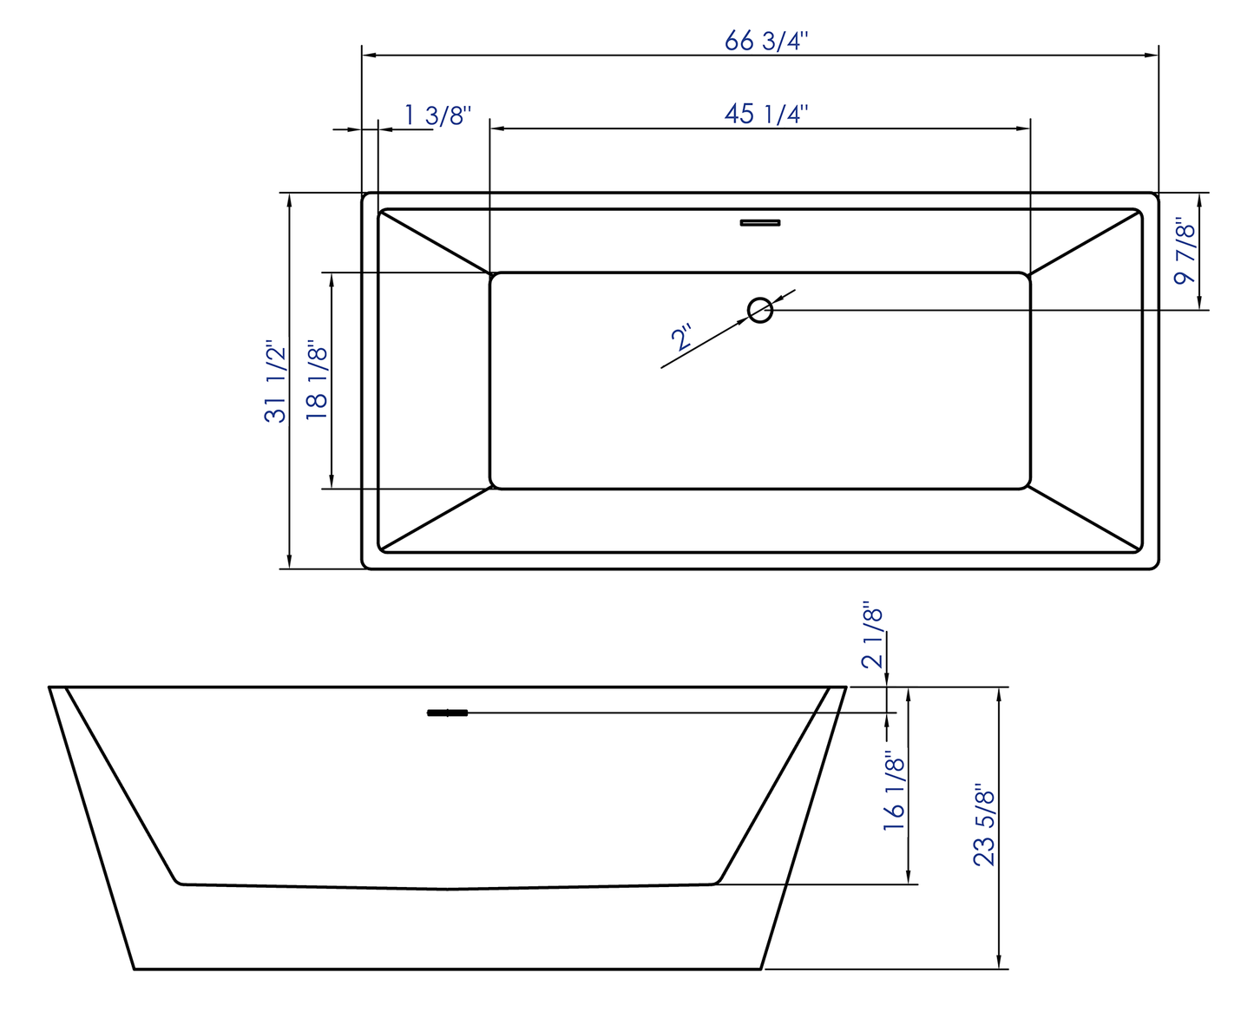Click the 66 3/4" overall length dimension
766,41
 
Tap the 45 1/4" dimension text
766,114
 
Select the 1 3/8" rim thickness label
437,115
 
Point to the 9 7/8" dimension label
1185,253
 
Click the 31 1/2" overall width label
275,381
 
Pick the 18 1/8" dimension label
318,382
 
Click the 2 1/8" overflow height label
872,635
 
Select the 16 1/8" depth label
894,792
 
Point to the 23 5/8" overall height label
984,825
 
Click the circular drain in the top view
760,310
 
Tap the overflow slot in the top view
760,223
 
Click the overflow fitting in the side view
448,713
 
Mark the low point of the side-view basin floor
448,889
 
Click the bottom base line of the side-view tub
448,969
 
